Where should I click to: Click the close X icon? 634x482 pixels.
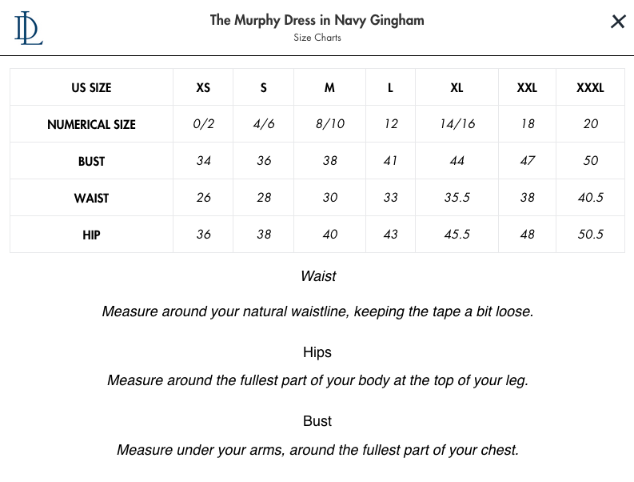(618, 22)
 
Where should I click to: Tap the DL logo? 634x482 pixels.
(28, 27)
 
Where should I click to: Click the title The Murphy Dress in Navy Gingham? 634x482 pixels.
(317, 20)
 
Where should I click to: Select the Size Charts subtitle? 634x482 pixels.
(317, 38)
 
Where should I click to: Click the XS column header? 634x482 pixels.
(203, 87)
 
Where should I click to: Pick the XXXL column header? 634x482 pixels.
(590, 87)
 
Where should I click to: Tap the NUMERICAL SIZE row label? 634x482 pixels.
(91, 124)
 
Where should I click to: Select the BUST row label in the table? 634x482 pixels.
(91, 161)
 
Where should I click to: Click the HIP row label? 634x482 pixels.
(91, 235)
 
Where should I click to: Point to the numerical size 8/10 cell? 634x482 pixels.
(329, 124)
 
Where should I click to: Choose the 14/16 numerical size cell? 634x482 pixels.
(457, 124)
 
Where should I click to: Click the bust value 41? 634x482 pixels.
(390, 161)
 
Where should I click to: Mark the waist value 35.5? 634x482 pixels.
(457, 198)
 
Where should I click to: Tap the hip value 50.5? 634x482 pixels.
(590, 235)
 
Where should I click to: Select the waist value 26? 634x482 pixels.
(203, 198)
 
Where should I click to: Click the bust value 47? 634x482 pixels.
(527, 161)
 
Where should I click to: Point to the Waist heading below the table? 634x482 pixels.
(317, 276)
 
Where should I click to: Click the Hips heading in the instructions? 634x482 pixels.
(317, 352)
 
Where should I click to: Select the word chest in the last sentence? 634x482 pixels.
(497, 450)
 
